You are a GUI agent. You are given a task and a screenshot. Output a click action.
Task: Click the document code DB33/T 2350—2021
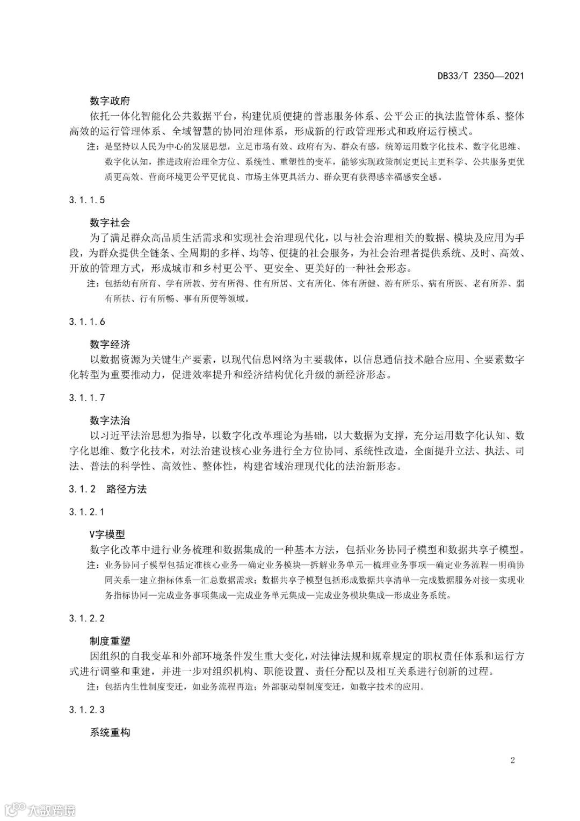coord(481,76)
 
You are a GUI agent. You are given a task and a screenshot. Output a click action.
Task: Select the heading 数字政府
coord(110,101)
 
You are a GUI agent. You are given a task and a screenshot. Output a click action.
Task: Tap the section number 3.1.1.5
coord(87,200)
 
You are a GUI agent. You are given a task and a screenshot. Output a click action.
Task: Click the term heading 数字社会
coord(110,222)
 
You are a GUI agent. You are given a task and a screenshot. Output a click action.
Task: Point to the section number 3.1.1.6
coord(87,322)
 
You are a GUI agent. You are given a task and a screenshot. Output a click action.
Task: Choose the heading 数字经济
coord(110,344)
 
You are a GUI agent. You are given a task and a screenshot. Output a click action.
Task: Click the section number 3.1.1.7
coord(87,398)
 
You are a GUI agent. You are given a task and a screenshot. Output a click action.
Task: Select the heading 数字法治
coord(110,420)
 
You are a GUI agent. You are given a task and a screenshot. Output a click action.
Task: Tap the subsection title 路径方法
coord(127,489)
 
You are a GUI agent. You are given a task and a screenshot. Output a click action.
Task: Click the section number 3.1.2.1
coord(87,512)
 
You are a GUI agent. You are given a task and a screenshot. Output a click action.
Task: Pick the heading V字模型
coord(107,534)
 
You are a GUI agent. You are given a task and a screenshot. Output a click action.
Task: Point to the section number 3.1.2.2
coord(87,618)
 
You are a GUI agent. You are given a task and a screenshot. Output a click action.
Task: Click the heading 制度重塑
coord(110,641)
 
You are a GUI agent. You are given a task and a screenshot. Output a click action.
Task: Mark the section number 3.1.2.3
coord(87,710)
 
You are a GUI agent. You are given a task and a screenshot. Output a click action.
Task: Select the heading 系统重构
coord(110,732)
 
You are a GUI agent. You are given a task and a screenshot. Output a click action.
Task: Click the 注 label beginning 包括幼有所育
coord(93,283)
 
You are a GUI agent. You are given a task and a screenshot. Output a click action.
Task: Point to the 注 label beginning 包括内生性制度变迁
coord(93,687)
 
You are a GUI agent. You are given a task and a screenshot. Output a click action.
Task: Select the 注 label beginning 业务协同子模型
coord(93,566)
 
